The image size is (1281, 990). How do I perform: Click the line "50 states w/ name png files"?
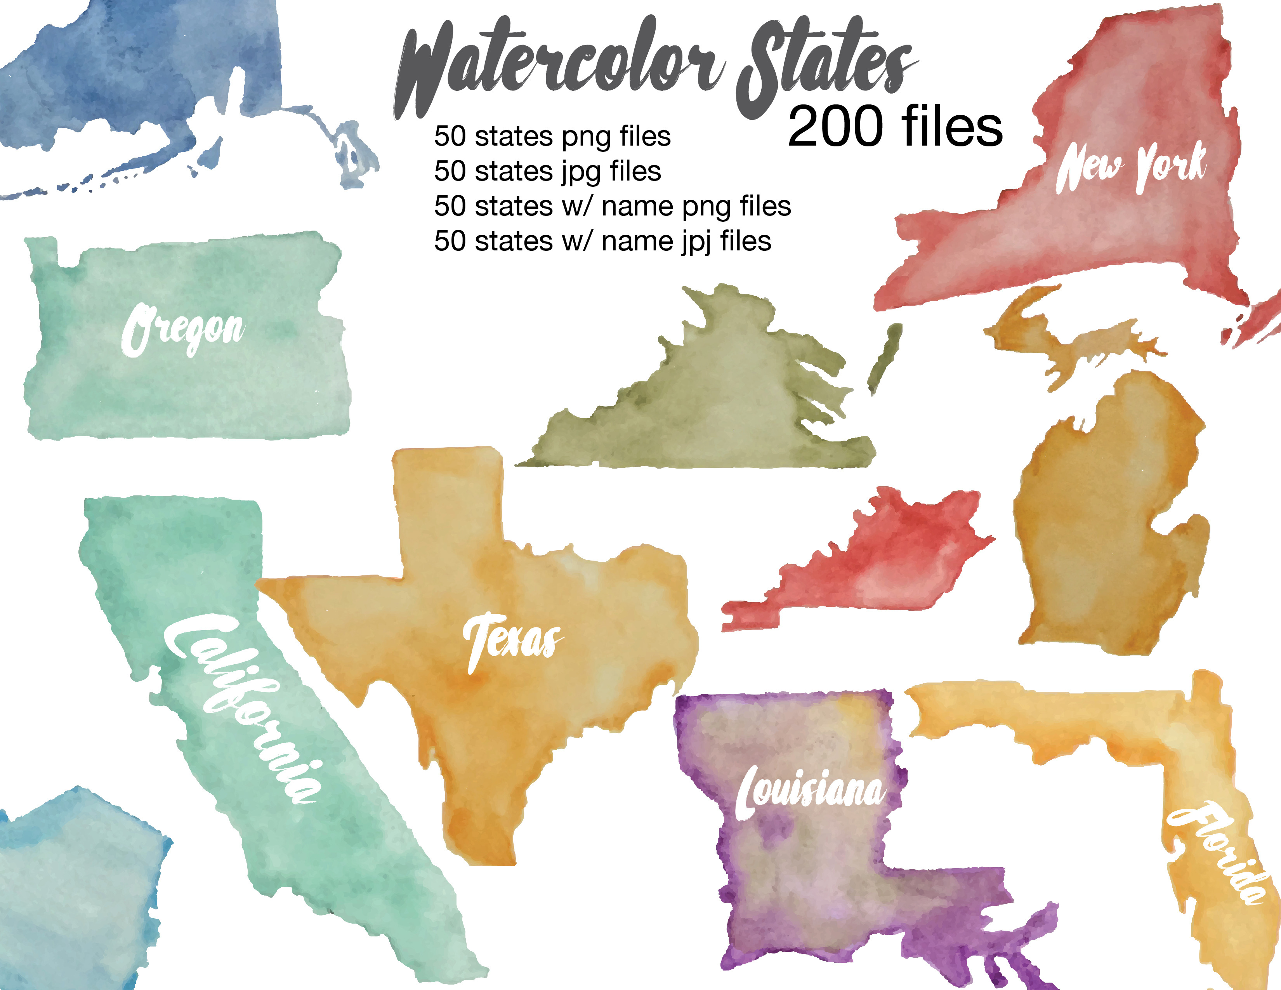coord(612,206)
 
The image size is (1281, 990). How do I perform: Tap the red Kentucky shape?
coord(880,557)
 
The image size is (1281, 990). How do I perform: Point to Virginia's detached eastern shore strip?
coord(885,358)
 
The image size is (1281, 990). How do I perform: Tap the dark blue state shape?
coord(135,76)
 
